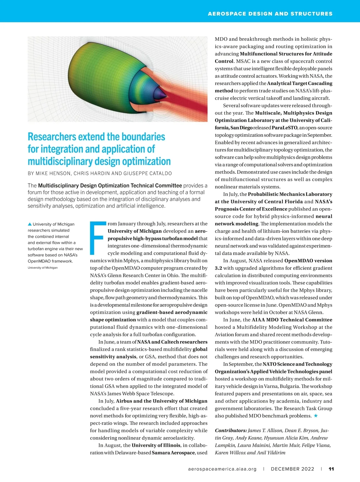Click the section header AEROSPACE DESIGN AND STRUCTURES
pyautogui.click(x=270, y=14)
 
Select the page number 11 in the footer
pyautogui.click(x=331, y=469)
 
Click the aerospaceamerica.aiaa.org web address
pyautogui.click(x=222, y=469)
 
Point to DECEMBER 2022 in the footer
pyautogui.click(x=292, y=469)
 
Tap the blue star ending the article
pyautogui.click(x=316, y=416)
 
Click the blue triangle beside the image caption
pyautogui.click(x=30, y=224)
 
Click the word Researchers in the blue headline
pyautogui.click(x=52, y=137)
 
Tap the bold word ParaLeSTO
pyautogui.click(x=284, y=128)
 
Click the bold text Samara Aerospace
pyautogui.click(x=173, y=453)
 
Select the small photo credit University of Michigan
pyautogui.click(x=43, y=268)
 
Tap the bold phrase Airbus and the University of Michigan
pyautogui.click(x=162, y=401)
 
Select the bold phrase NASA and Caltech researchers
pyautogui.click(x=172, y=342)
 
